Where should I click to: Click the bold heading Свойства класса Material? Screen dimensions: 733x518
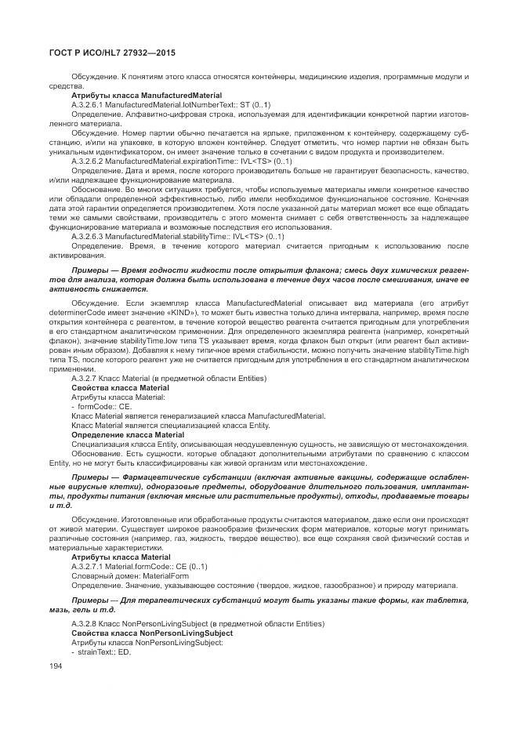tap(120, 388)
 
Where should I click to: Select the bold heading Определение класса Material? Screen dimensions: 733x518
tap(128, 434)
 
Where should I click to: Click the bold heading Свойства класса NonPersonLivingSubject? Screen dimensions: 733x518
tap(151, 633)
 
